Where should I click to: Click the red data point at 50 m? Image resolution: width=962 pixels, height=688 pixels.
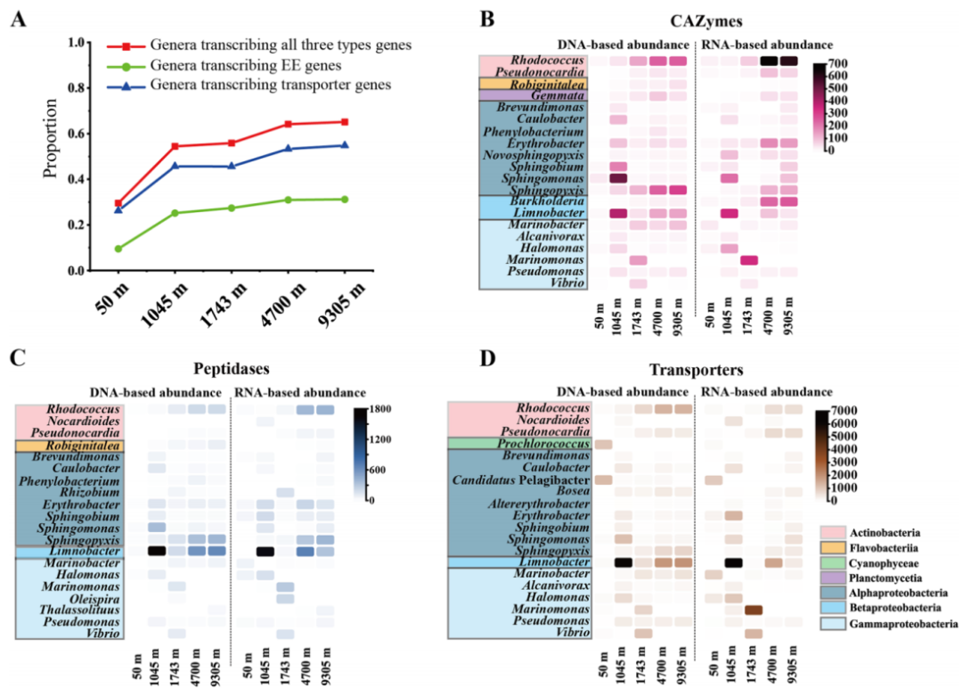118,203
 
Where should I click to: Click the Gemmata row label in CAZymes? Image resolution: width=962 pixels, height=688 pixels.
556,94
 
